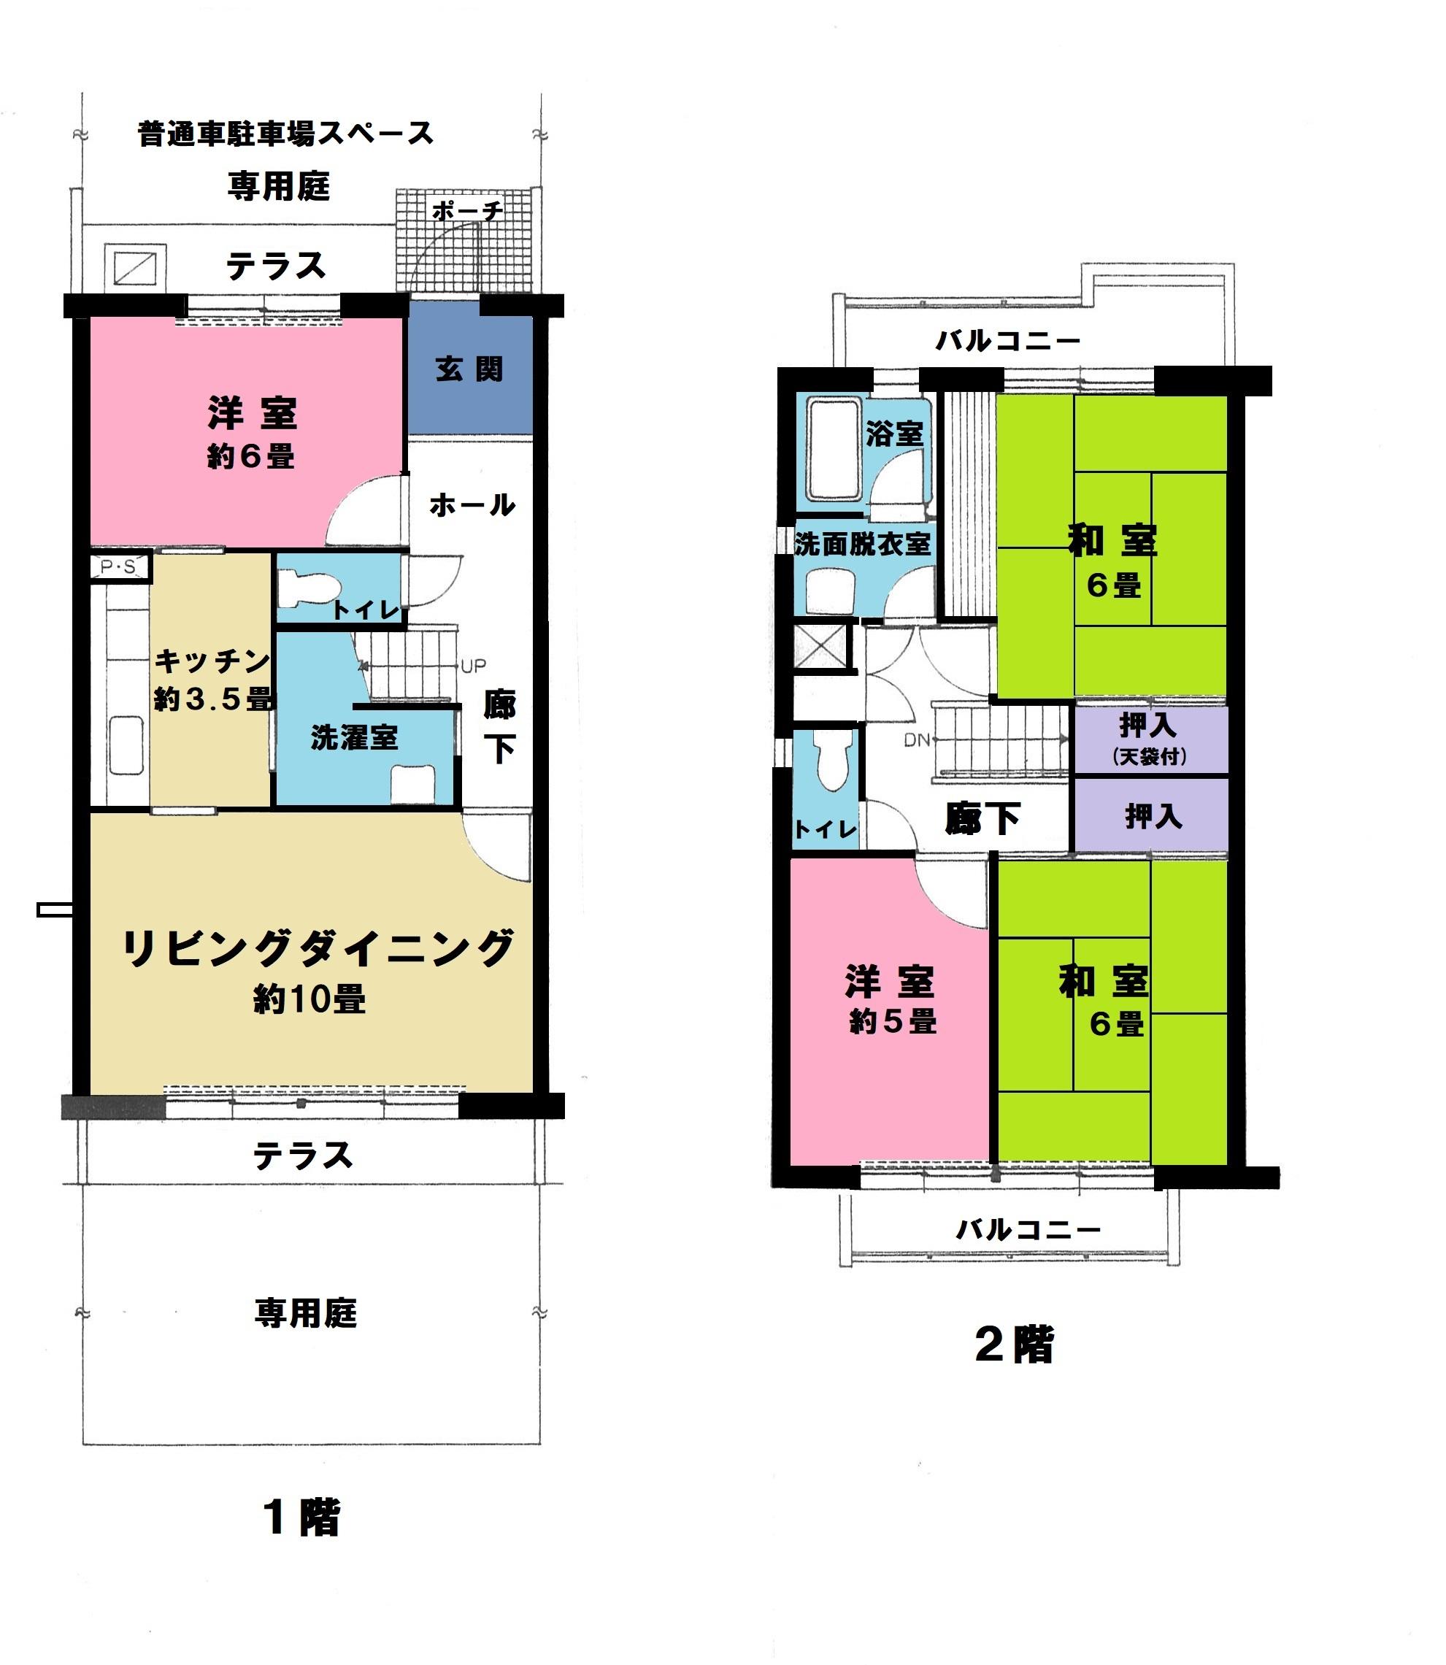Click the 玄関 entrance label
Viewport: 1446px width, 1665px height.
tap(469, 369)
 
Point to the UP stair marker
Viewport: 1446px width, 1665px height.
tap(474, 666)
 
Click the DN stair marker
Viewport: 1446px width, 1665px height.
tap(918, 739)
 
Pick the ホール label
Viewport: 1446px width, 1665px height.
tap(472, 505)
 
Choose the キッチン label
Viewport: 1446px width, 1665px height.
tap(212, 661)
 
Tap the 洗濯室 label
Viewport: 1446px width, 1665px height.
tap(354, 738)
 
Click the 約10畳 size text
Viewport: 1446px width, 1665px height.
tap(309, 1000)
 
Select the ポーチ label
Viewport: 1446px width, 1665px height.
tap(467, 212)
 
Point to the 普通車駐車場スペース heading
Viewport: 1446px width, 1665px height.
tap(285, 133)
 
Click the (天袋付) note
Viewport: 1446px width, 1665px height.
tap(1150, 756)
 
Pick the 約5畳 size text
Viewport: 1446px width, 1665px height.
tap(893, 1022)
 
